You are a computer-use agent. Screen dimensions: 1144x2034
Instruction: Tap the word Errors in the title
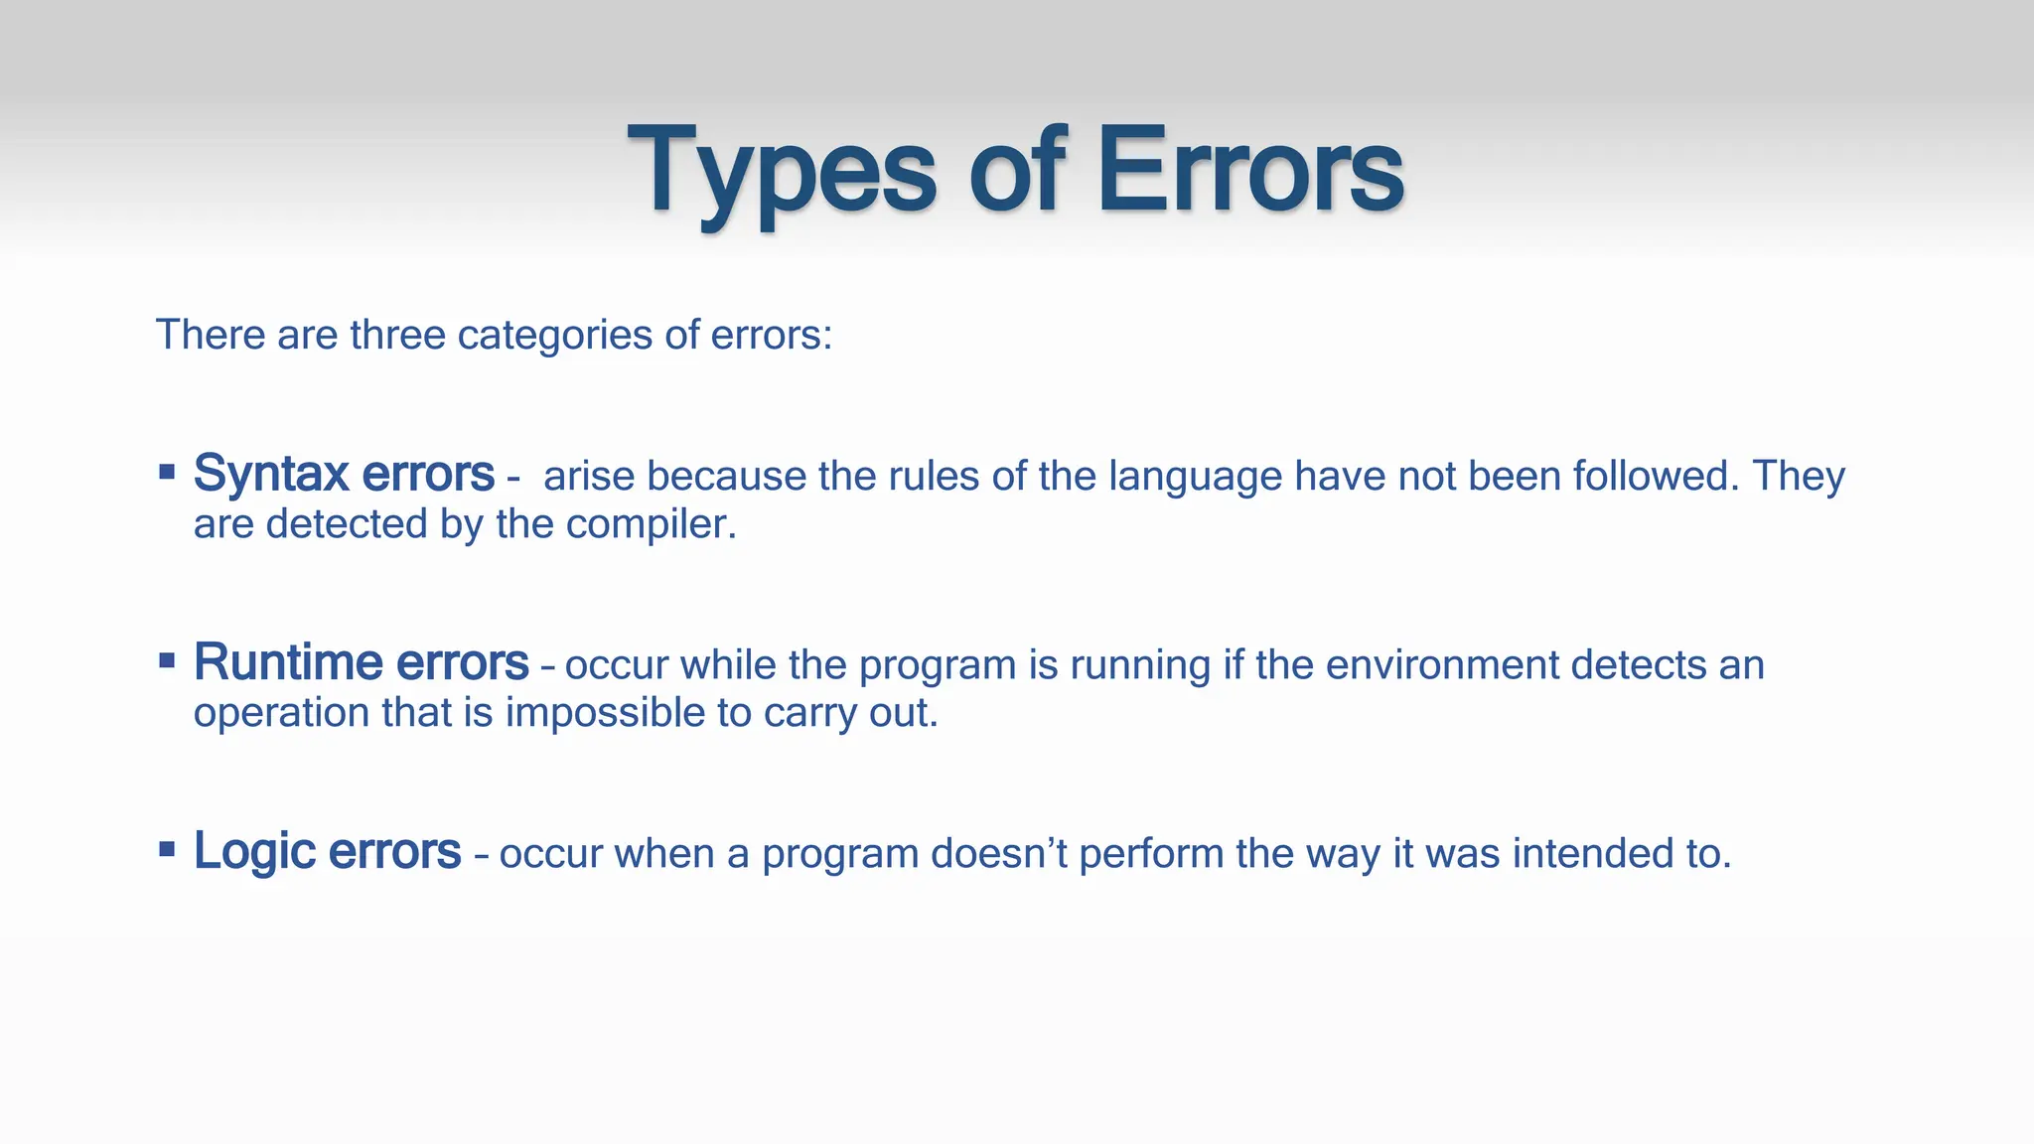tap(1249, 171)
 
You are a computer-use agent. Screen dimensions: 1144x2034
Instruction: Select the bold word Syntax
tap(271, 475)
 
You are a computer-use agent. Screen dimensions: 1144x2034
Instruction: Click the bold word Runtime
tap(288, 662)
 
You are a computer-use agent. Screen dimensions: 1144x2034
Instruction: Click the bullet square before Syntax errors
tap(167, 471)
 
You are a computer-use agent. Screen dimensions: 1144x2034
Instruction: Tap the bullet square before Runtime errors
tap(167, 659)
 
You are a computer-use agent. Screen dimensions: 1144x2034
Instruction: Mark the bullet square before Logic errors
tap(167, 848)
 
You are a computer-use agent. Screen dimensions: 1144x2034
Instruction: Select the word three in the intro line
tap(397, 336)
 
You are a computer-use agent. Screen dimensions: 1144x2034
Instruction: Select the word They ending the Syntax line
tap(1798, 477)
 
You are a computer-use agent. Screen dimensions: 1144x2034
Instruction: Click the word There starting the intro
tap(211, 336)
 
